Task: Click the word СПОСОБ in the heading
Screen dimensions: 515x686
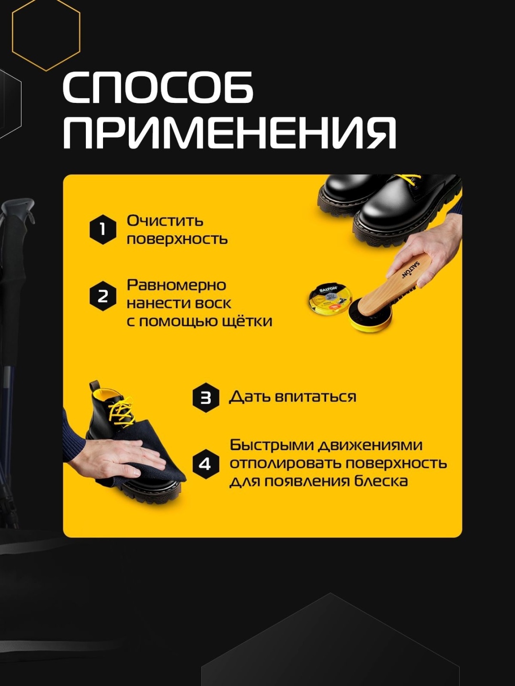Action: point(158,87)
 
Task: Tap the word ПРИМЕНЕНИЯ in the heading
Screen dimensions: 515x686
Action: point(230,132)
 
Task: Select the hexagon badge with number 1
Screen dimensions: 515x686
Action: point(103,230)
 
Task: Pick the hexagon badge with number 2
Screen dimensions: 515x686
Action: point(103,296)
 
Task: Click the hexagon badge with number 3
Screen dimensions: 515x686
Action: point(206,397)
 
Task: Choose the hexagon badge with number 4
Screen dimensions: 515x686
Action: point(206,464)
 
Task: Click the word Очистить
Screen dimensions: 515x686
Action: point(165,221)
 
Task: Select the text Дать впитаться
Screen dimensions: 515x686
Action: point(293,397)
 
